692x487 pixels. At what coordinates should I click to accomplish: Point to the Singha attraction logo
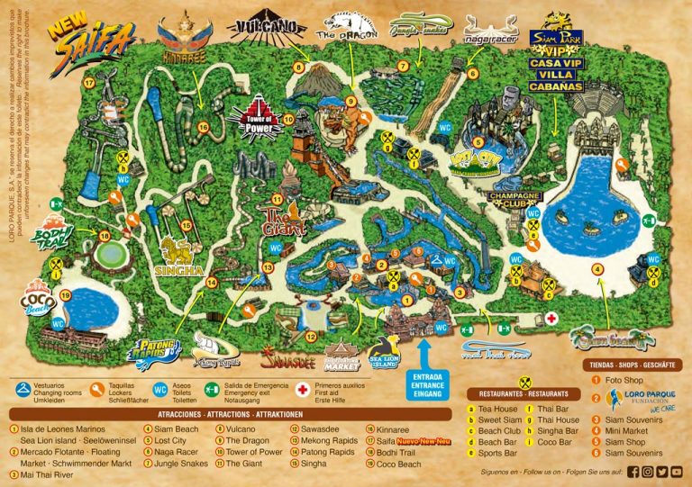[181, 251]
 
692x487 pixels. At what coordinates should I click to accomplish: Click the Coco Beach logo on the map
[39, 301]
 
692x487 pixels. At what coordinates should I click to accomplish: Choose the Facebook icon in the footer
[633, 471]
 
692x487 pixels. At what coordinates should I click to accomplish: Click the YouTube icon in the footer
[677, 471]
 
